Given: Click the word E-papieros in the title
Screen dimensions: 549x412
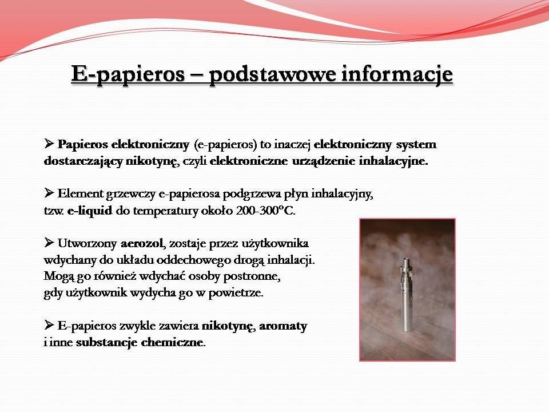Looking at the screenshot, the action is coord(128,74).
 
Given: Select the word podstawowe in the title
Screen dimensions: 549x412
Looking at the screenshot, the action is coord(272,74).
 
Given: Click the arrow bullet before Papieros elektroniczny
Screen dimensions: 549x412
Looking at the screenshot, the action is coord(49,143).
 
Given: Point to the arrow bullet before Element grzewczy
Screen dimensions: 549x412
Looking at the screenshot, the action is coord(49,192).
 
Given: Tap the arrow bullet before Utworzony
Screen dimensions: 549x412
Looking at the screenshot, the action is coord(49,242).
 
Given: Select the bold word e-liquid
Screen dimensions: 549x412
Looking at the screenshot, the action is coord(90,211).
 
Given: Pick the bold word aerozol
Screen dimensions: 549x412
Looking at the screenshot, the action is coord(142,243).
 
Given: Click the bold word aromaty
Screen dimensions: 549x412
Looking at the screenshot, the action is coord(283,326).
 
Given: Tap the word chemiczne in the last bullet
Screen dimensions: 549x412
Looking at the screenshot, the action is coord(172,342).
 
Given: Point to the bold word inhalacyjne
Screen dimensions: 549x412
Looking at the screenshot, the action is coord(393,161).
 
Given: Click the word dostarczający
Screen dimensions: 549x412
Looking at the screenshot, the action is coord(83,161).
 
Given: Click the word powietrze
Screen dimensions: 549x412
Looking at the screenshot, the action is coord(236,293).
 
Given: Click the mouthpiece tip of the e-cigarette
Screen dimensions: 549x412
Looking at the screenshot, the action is coord(406,260).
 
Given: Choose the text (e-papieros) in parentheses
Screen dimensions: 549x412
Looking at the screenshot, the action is coord(225,145).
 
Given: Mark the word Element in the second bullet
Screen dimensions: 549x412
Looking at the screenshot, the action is coord(81,193).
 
